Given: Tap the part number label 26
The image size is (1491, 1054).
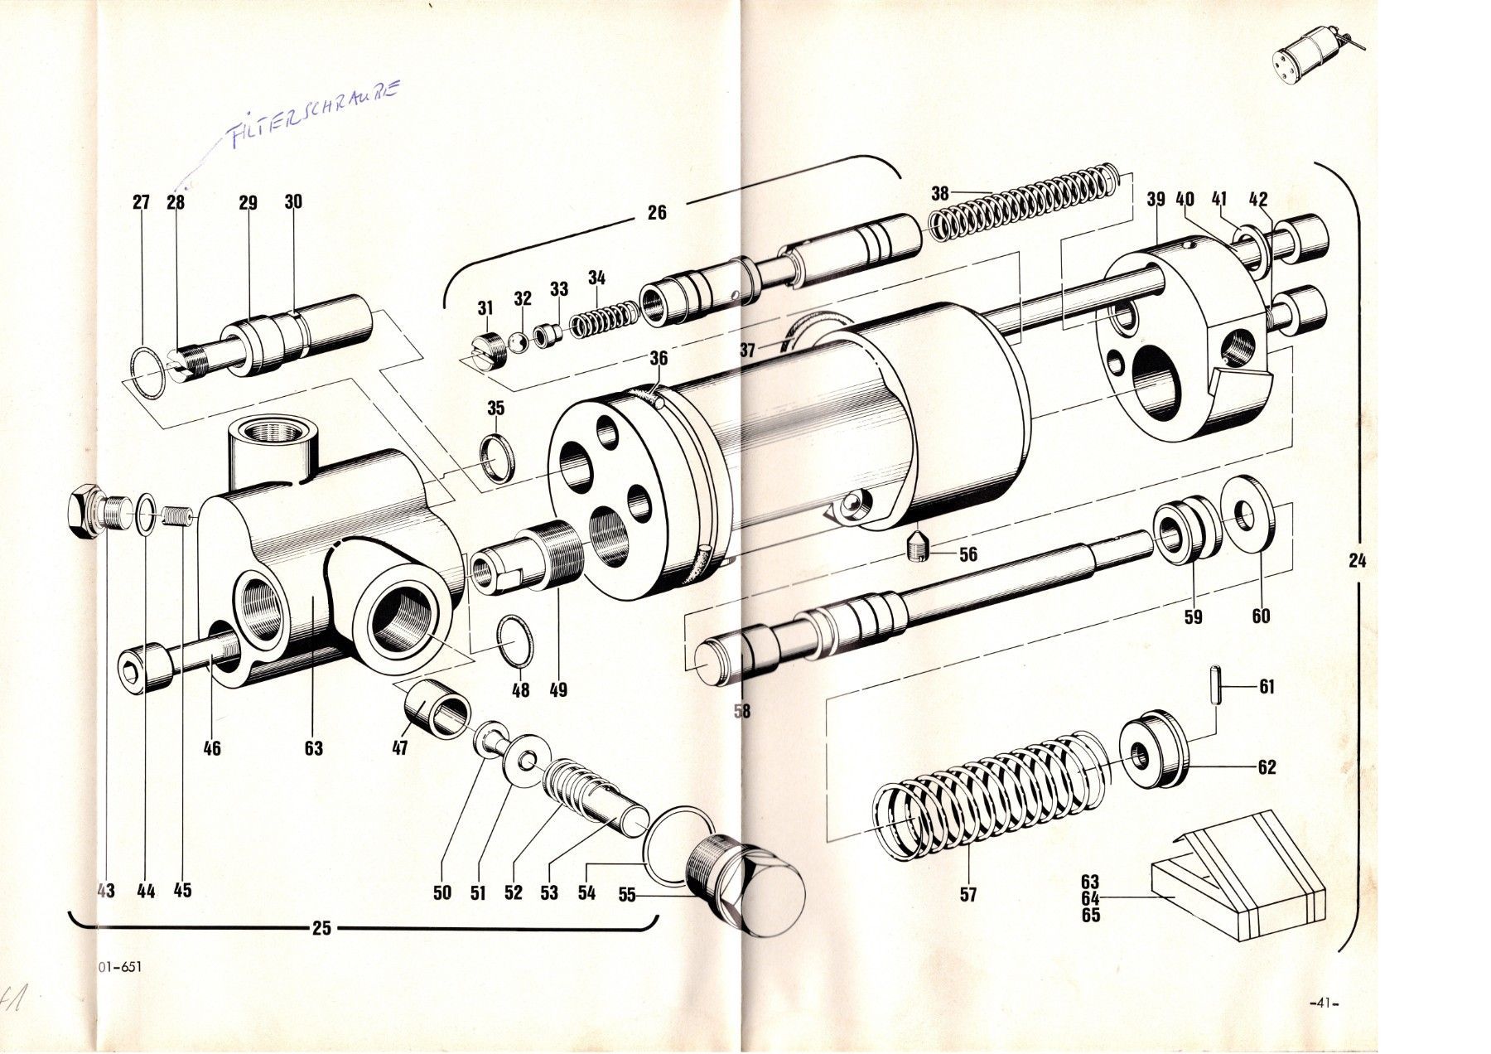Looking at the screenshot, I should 656,211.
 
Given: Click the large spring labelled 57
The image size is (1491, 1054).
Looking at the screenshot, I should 986,791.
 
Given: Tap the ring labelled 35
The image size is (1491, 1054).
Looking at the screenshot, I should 498,457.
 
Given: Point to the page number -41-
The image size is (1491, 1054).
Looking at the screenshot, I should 1322,1003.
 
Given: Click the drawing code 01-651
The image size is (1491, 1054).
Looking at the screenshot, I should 119,966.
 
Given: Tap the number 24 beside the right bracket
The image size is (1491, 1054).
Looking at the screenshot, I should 1357,561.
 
